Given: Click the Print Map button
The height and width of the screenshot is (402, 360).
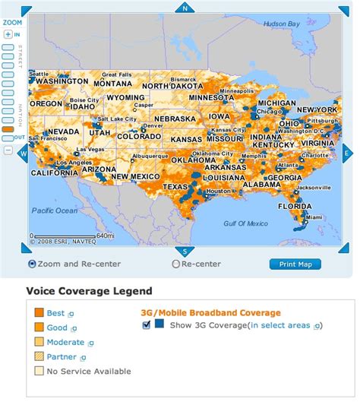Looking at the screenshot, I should click(295, 264).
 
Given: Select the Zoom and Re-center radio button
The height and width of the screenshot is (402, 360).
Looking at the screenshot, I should click(32, 264).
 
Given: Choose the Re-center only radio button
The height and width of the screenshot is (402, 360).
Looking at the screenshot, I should click(176, 264).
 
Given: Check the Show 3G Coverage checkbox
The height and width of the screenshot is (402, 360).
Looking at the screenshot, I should click(146, 324).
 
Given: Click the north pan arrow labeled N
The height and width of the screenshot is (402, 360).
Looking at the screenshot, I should click(185, 8).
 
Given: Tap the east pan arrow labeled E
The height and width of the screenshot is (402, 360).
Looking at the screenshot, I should click(346, 153).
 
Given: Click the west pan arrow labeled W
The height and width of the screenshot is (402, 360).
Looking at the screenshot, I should click(23, 153).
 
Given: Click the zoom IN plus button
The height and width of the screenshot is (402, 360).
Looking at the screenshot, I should click(8, 33).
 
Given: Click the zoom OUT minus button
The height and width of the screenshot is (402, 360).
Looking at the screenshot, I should click(8, 149).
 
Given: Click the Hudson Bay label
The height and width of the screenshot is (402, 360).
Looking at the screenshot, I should click(282, 24).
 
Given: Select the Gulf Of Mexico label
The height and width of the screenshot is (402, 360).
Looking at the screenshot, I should click(246, 223).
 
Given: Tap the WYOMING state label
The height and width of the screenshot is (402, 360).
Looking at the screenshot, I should click(125, 98).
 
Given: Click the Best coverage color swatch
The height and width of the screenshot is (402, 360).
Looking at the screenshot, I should click(39, 312).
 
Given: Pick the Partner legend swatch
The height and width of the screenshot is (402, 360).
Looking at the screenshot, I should click(39, 356).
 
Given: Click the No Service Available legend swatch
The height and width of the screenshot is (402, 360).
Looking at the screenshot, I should click(39, 371).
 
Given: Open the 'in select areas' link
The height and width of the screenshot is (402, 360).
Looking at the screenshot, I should click(280, 325).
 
